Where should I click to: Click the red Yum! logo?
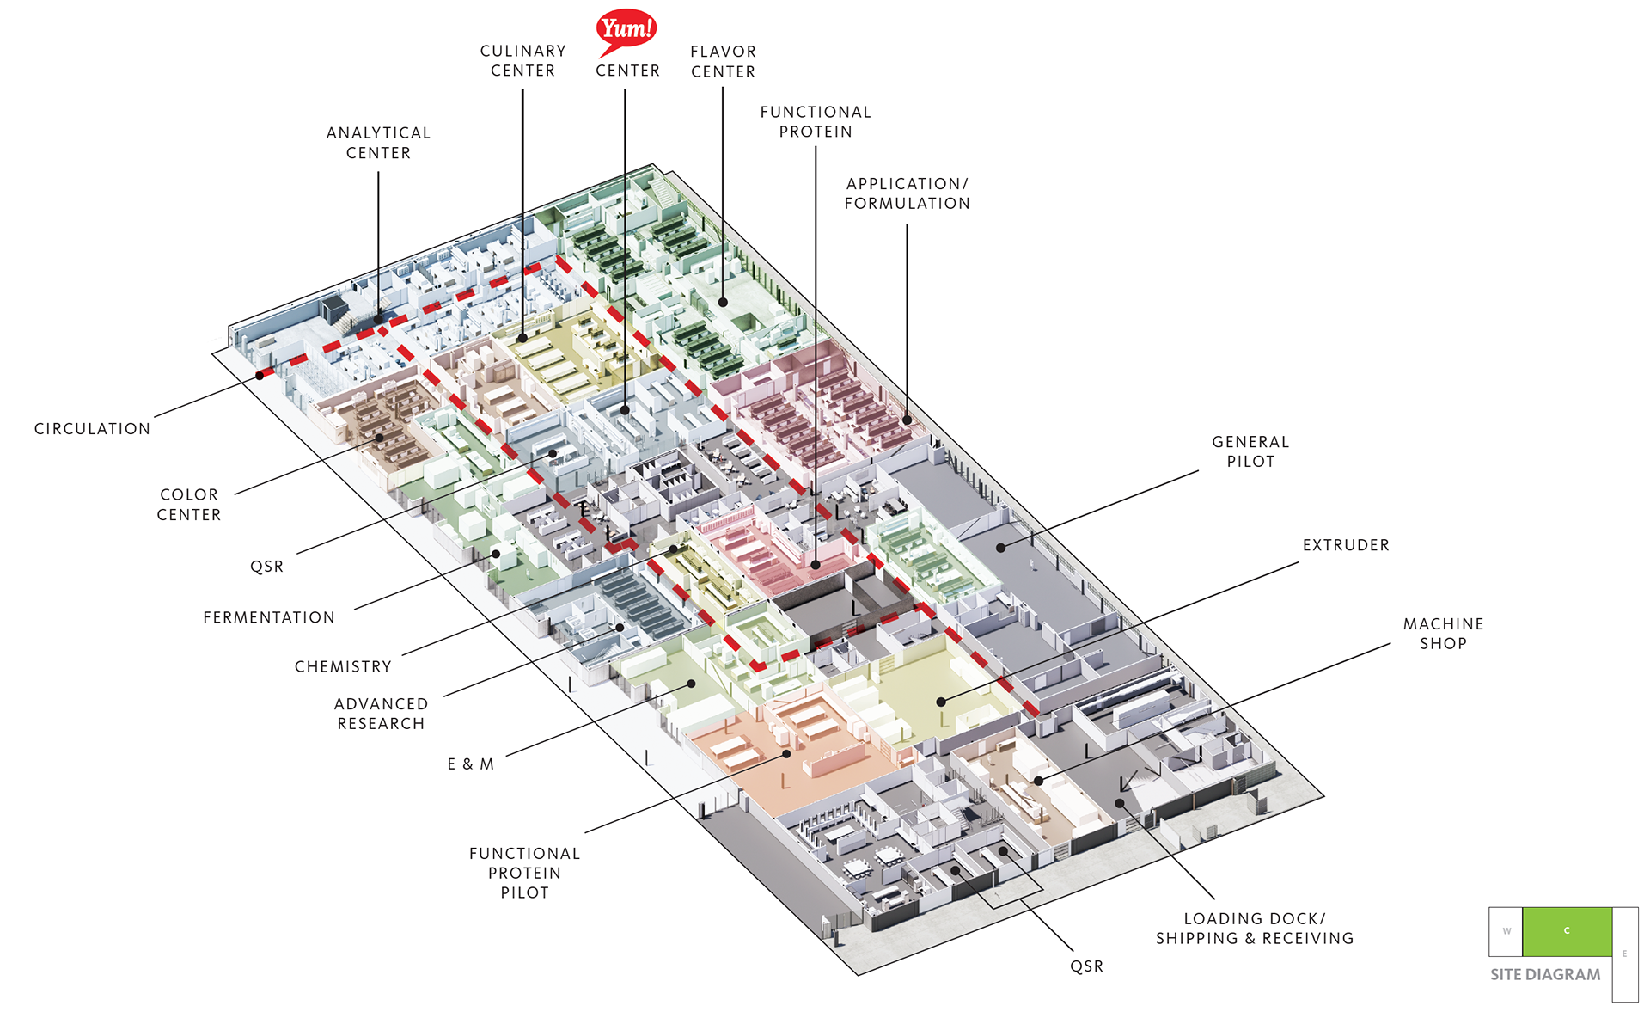(x=626, y=31)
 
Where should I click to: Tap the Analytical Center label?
(x=378, y=143)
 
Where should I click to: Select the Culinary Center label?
(x=522, y=61)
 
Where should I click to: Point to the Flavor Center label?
(x=723, y=62)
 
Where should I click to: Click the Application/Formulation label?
(x=907, y=193)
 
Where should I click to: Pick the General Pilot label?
(x=1250, y=451)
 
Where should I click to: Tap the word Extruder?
(x=1346, y=545)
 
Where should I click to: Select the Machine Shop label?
(x=1443, y=634)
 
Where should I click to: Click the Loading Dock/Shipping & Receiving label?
(x=1254, y=929)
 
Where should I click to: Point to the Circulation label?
(x=92, y=429)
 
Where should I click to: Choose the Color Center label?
(x=189, y=505)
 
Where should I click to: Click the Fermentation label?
(x=269, y=617)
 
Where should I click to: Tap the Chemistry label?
(x=343, y=666)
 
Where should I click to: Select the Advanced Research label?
(x=381, y=714)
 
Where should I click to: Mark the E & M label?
(x=471, y=764)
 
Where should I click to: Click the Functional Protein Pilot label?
(x=524, y=873)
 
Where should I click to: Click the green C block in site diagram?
(x=1567, y=931)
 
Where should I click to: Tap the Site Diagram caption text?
(x=1545, y=974)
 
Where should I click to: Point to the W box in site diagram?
(x=1506, y=931)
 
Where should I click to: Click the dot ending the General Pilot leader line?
(x=1001, y=548)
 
